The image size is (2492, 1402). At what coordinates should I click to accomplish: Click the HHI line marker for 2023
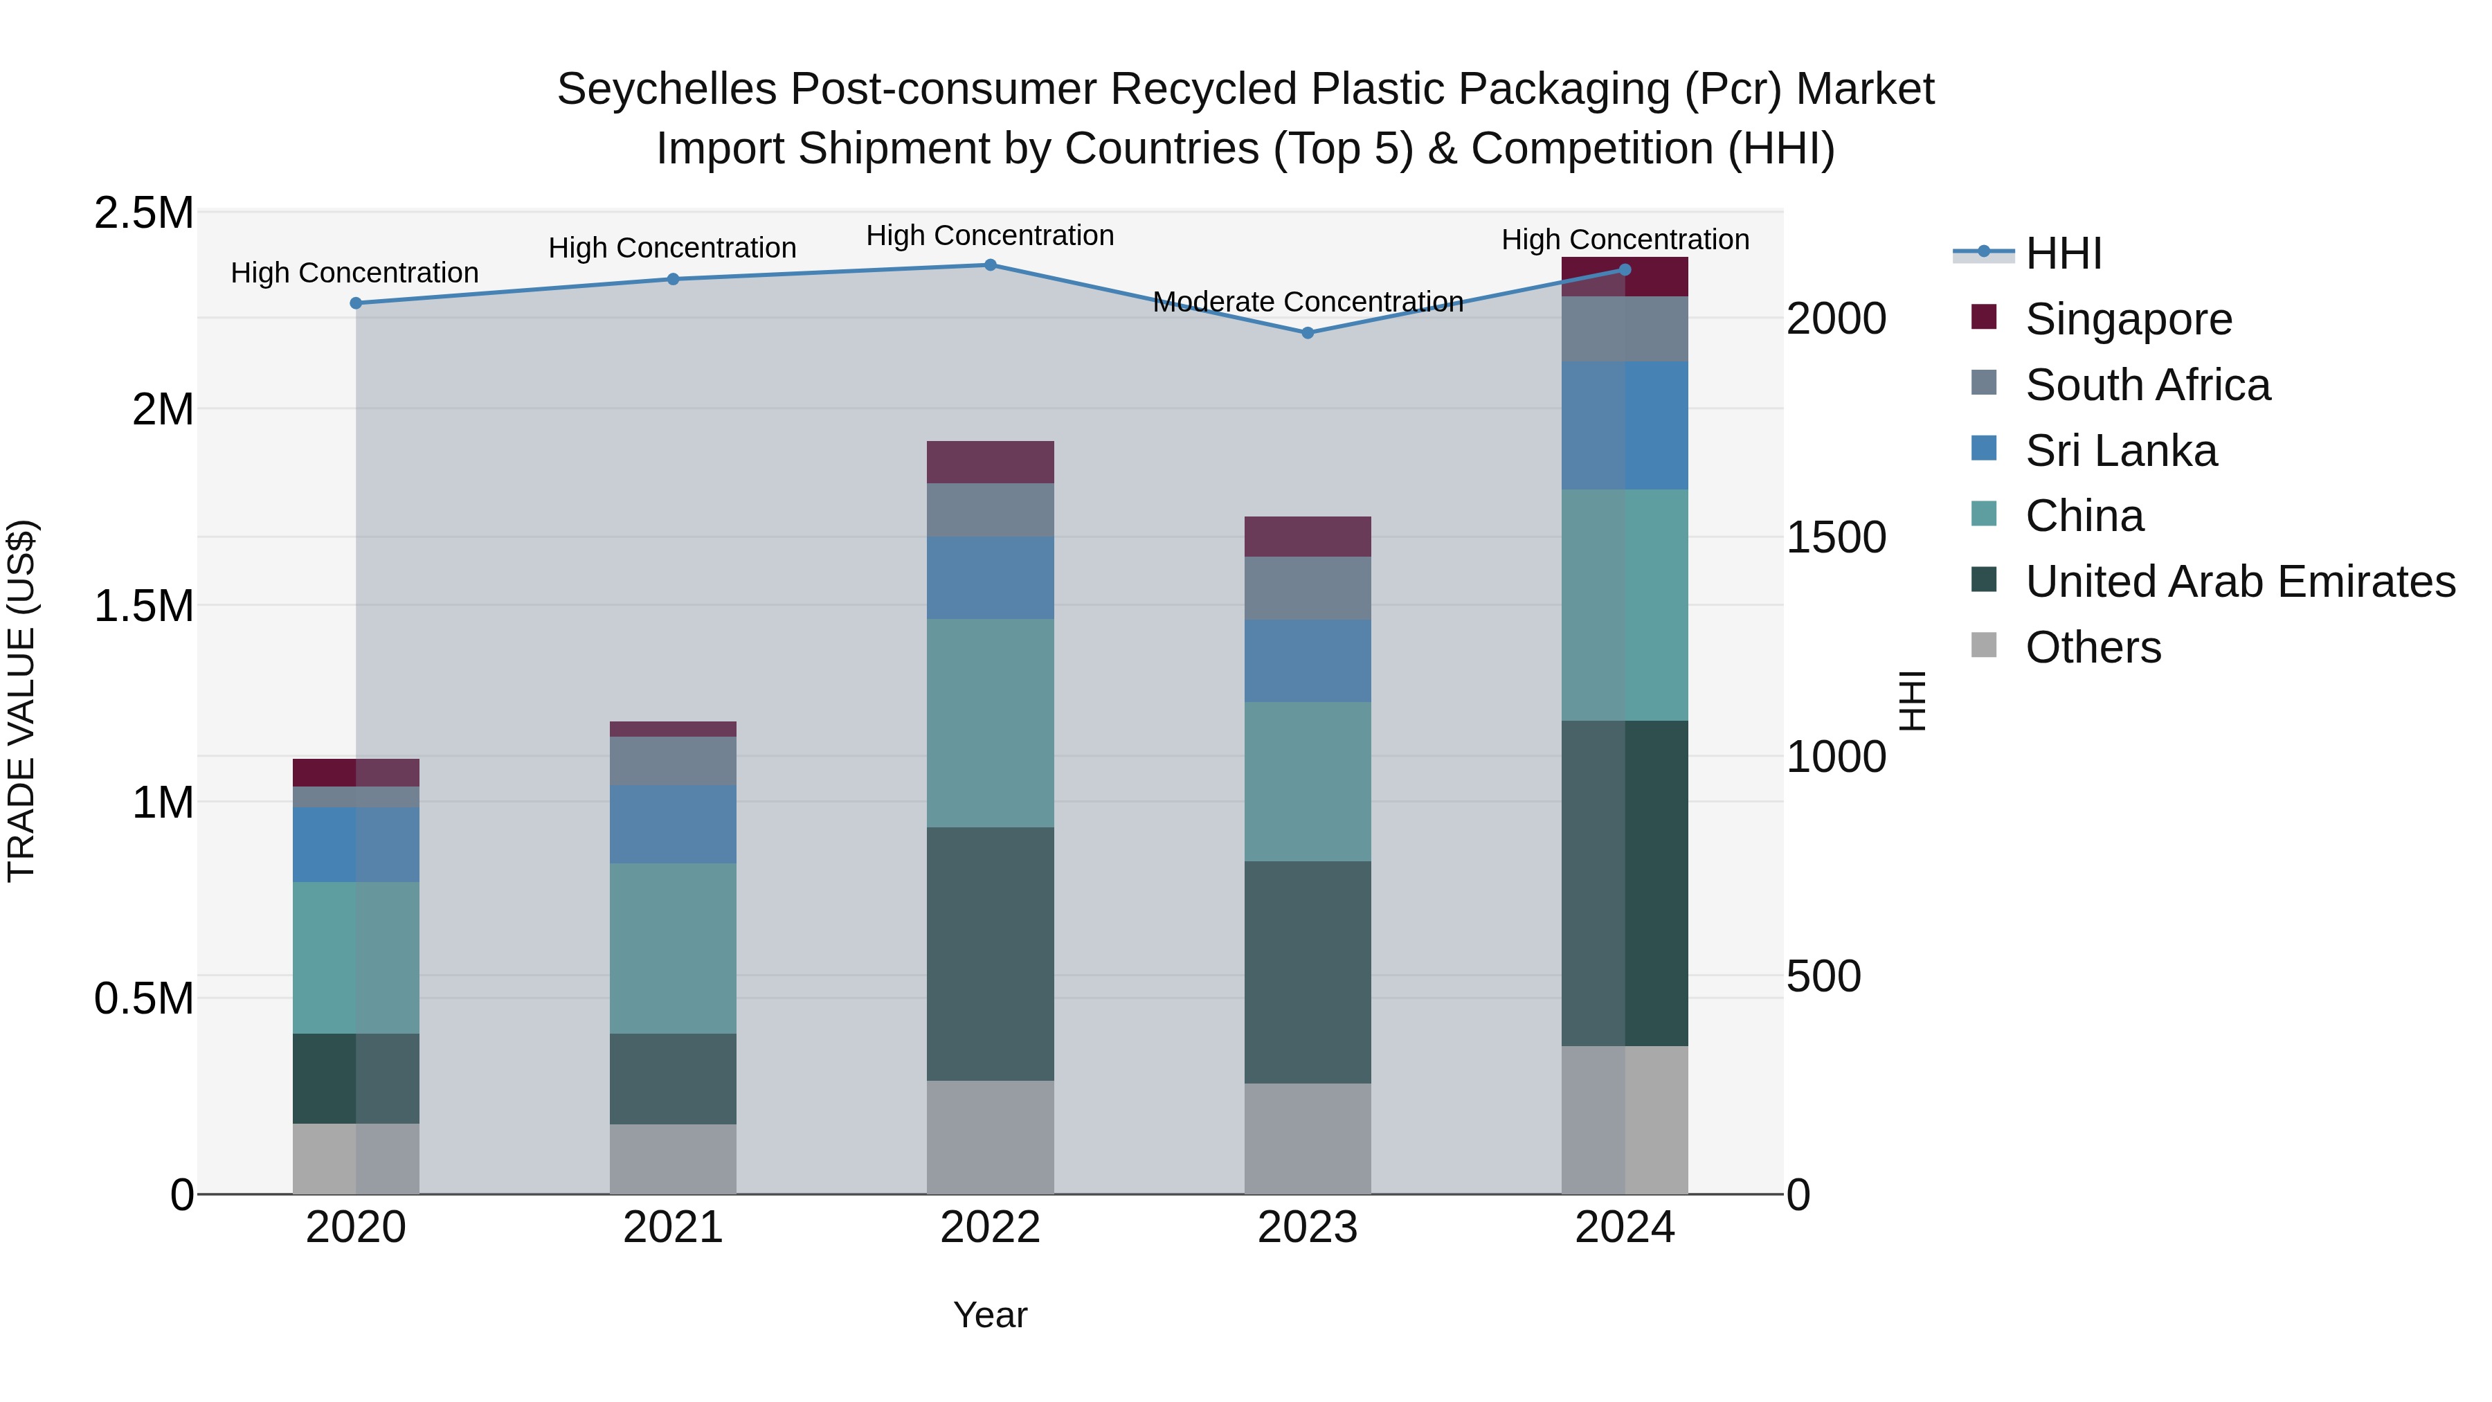click(1307, 333)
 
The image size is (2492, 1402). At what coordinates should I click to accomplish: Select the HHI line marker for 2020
click(356, 303)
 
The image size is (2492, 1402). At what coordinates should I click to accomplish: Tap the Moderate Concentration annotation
click(1307, 302)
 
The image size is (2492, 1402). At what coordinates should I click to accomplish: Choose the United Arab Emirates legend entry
click(2239, 582)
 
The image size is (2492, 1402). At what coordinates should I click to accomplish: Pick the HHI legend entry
click(2063, 253)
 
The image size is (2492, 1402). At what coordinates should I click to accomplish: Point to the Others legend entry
click(2093, 647)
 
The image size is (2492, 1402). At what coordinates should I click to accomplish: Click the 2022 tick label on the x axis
click(990, 1228)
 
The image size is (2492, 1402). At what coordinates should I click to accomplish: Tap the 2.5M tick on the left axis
click(144, 213)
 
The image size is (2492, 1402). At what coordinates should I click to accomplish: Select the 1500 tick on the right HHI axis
click(1835, 538)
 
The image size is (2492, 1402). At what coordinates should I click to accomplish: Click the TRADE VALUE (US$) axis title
click(21, 701)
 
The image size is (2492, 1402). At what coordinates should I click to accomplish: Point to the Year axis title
click(990, 1315)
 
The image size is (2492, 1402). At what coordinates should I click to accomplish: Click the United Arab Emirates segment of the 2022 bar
click(990, 953)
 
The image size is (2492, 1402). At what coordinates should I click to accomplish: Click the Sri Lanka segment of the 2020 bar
click(356, 844)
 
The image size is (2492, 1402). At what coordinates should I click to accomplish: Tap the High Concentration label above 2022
click(990, 235)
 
